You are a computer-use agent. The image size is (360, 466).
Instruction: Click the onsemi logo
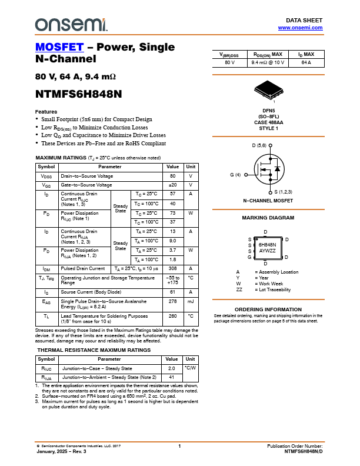[71, 24]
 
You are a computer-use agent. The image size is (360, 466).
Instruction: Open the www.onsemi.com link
[300, 28]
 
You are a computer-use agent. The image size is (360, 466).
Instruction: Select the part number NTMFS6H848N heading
[78, 94]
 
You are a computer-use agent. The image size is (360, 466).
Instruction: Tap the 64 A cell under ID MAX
[306, 62]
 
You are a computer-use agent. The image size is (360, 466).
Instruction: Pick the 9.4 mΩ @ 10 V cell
[268, 62]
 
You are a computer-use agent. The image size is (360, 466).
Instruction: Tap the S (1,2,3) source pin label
[284, 192]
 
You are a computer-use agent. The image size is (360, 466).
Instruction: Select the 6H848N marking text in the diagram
[268, 244]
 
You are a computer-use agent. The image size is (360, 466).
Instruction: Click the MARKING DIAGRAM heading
[268, 218]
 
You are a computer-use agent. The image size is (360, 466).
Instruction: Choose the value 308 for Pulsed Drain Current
[173, 268]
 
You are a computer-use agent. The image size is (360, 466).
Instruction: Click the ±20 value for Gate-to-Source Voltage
[173, 185]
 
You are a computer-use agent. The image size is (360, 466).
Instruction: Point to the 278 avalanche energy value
[173, 301]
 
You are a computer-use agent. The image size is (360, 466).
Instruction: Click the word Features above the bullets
[46, 112]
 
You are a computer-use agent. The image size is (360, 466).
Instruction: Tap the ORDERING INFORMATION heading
[268, 309]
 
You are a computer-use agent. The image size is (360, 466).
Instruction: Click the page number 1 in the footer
[179, 447]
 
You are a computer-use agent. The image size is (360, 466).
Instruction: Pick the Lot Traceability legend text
[272, 289]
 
